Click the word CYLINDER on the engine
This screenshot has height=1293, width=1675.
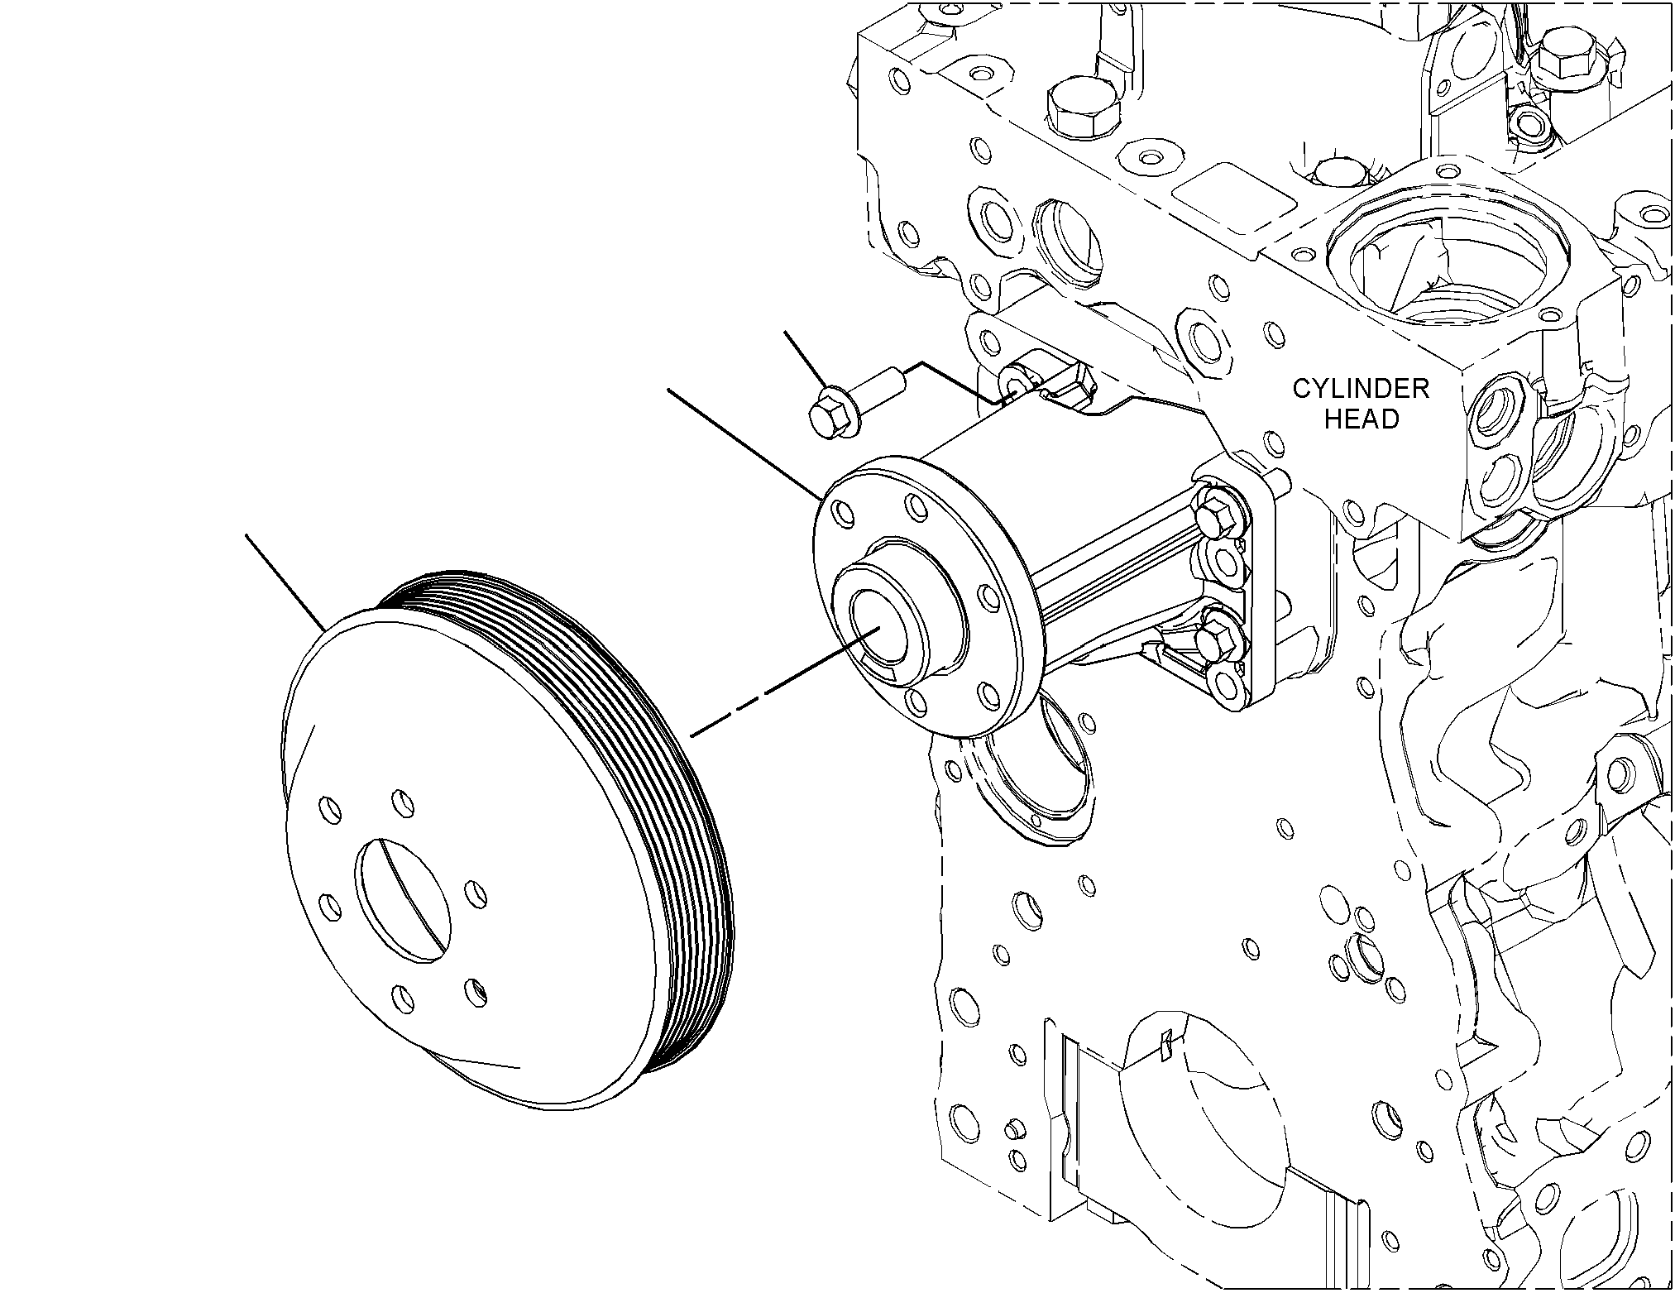[x=1361, y=389]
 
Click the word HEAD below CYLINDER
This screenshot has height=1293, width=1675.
[x=1362, y=419]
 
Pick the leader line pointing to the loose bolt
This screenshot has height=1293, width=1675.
[x=803, y=361]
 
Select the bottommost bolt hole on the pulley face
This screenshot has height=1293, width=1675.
[x=404, y=999]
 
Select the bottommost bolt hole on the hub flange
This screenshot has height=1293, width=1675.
[x=915, y=702]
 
